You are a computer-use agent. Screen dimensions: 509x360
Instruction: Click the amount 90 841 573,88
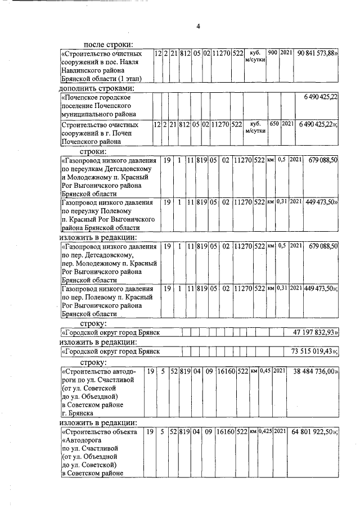[317, 53]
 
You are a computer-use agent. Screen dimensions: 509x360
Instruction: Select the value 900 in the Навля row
[273, 53]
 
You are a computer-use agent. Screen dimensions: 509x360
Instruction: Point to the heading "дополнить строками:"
[96, 88]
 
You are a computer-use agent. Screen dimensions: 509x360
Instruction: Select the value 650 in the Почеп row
[274, 124]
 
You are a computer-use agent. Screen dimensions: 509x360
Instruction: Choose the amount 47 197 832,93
[315, 333]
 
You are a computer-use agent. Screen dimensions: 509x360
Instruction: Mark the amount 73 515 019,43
[315, 352]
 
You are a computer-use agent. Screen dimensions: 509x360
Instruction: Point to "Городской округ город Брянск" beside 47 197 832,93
[111, 334]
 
